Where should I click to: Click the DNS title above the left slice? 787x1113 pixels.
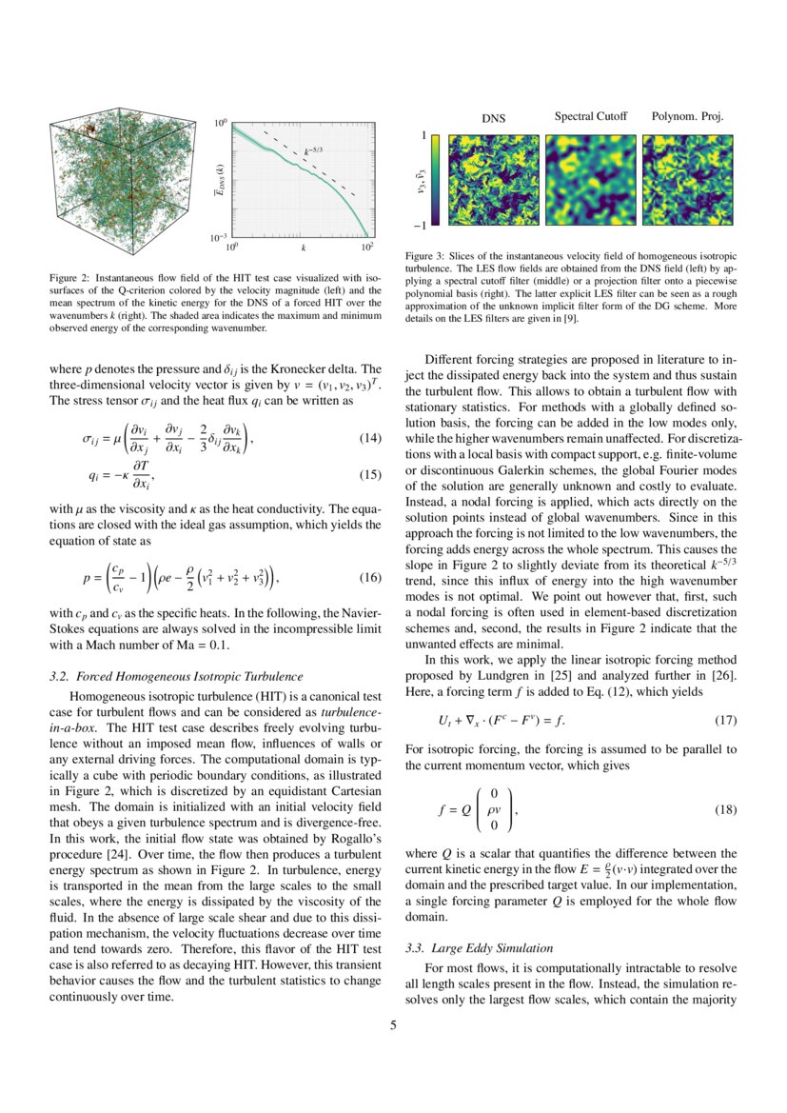click(x=493, y=118)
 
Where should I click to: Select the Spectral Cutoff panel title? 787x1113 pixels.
click(x=590, y=117)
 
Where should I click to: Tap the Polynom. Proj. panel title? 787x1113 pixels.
click(x=687, y=117)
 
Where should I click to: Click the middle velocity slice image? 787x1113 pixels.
click(x=590, y=180)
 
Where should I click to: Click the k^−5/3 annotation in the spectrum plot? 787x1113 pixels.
click(x=313, y=149)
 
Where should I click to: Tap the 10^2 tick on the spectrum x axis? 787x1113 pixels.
click(x=367, y=247)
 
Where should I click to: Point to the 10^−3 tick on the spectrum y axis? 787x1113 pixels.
click(x=218, y=236)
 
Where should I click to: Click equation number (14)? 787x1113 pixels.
click(x=369, y=439)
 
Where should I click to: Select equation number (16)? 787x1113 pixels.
click(x=369, y=578)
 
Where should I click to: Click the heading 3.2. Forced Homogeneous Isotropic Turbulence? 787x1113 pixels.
click(x=175, y=676)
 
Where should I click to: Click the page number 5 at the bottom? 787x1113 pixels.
click(x=393, y=1026)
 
